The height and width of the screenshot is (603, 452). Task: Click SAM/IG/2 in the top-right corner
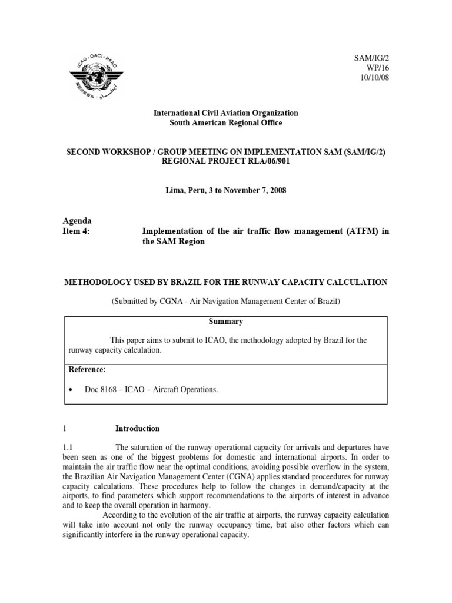click(x=371, y=58)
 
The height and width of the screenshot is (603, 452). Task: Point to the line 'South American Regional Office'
click(x=225, y=122)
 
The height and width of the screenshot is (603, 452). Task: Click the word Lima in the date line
click(x=175, y=191)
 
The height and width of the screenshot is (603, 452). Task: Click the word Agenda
click(x=77, y=221)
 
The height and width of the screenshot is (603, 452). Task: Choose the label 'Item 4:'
click(x=77, y=231)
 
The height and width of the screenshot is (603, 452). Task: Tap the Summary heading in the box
click(x=225, y=322)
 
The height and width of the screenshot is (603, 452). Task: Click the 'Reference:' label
click(x=87, y=369)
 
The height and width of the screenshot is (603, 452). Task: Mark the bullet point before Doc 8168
click(x=71, y=390)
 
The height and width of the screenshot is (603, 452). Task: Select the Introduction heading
click(x=137, y=428)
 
